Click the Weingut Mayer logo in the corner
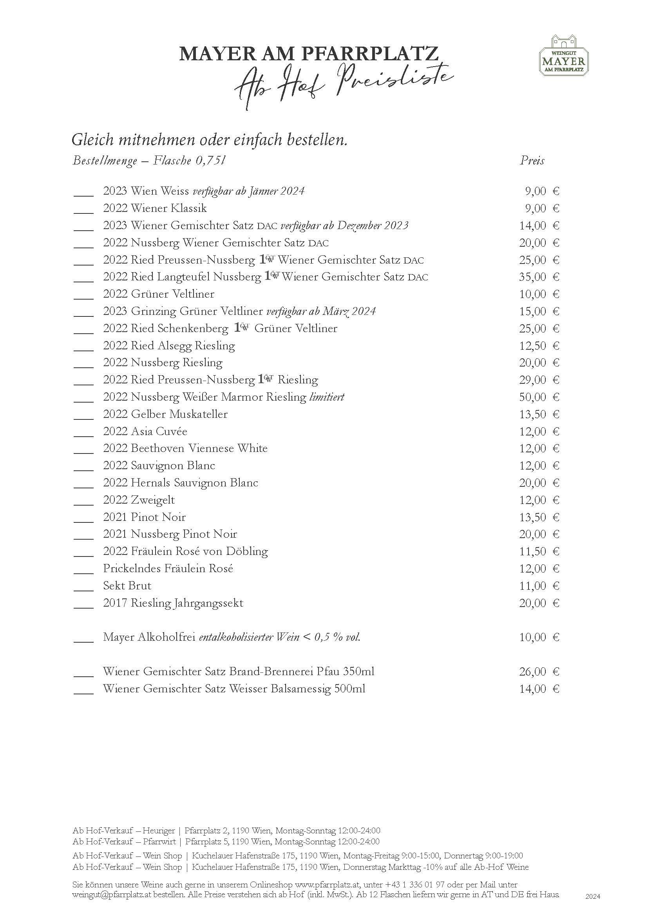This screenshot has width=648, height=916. (563, 56)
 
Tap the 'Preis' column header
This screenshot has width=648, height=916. (532, 161)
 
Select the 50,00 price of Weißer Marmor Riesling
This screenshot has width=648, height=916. (533, 397)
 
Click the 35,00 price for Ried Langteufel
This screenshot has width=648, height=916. (533, 277)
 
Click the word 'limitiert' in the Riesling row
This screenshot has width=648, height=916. (327, 397)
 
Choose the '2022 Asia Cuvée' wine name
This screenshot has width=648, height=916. (145, 431)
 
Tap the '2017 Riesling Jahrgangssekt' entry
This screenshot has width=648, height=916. (173, 603)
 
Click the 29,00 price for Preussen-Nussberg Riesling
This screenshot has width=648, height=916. (533, 380)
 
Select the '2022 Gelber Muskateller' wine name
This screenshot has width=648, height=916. (165, 414)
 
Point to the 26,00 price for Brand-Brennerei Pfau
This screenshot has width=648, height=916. (533, 672)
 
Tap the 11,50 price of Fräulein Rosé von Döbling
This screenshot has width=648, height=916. (533, 551)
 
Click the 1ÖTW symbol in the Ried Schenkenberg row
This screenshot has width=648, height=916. (241, 328)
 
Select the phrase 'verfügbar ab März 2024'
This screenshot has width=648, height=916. (321, 311)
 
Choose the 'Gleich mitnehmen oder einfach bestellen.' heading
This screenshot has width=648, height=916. (209, 140)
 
